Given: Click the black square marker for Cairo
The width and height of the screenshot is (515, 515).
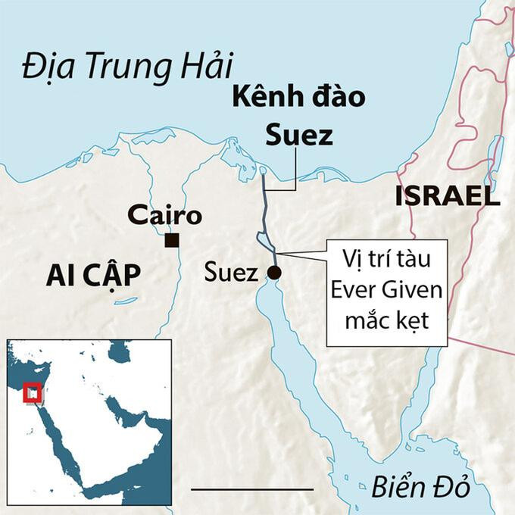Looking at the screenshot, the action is click(173, 241).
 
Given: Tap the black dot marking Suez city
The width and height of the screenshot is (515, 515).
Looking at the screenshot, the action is click(274, 273).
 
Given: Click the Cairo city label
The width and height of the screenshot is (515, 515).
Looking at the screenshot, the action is click(164, 216).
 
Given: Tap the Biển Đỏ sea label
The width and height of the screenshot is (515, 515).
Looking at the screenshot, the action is click(421, 488).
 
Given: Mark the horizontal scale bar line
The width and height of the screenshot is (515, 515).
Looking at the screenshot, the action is click(252, 489).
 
